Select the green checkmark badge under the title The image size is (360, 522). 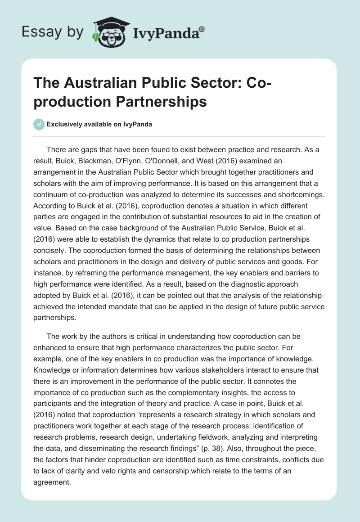39,124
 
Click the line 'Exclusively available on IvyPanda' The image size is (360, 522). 99,124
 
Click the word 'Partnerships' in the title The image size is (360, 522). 155,102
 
